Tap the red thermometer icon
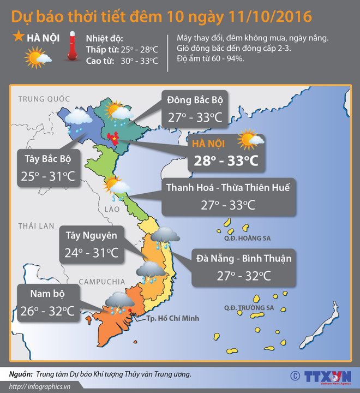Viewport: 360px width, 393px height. coord(71,49)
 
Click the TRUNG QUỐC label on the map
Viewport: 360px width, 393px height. coord(44,99)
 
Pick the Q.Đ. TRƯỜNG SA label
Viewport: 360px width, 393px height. coord(248,308)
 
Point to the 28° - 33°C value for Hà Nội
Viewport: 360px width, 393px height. coord(223,161)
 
